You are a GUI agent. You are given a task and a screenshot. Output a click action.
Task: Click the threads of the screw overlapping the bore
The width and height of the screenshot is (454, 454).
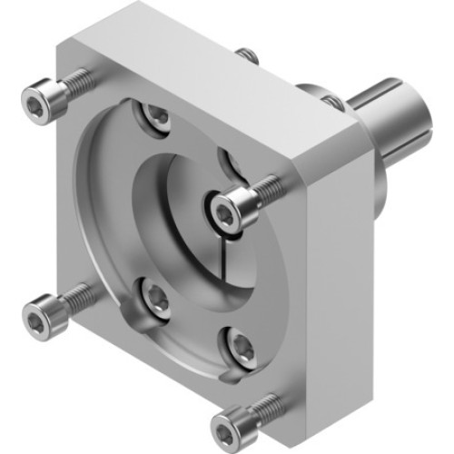[x=266, y=189]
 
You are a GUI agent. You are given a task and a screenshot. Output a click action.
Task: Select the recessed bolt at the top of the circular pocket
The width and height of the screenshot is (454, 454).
[x=157, y=115]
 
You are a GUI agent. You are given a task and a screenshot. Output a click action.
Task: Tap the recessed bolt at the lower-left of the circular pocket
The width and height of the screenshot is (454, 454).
[x=156, y=300]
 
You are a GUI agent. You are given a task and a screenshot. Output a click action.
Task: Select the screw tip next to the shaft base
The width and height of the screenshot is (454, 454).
[x=333, y=103]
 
